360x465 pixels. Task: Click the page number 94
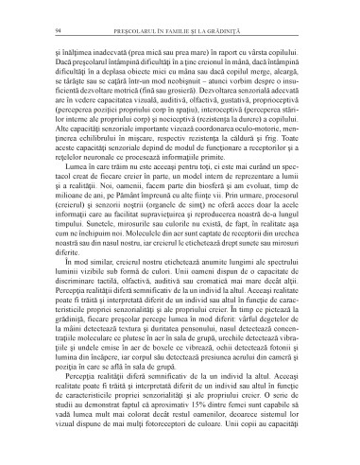pos(57,32)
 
